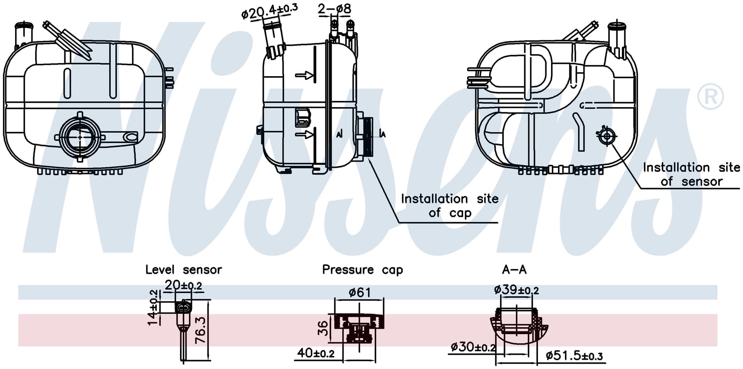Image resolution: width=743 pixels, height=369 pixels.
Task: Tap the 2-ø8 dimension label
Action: point(334,9)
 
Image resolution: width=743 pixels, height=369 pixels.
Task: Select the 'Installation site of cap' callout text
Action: point(450,205)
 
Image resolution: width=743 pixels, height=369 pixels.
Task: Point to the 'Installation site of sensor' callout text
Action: point(692,174)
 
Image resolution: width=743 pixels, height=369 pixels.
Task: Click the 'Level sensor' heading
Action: point(183,269)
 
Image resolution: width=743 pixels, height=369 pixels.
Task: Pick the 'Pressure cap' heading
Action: point(363,270)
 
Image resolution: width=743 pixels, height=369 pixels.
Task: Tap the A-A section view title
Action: point(514,269)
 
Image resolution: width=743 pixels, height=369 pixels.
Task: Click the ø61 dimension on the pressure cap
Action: point(360,292)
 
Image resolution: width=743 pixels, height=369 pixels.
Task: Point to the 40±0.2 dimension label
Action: point(316,353)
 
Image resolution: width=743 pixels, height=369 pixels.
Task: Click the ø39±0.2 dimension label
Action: point(516,289)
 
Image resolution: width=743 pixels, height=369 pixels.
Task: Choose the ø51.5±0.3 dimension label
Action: point(574,355)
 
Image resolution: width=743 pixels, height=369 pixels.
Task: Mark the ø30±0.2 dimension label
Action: point(473,347)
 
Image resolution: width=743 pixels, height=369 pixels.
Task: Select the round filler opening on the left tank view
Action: point(80,137)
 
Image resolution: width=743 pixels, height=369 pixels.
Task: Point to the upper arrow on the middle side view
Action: point(305,75)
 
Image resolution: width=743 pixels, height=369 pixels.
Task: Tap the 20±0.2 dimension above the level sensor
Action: point(183,285)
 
